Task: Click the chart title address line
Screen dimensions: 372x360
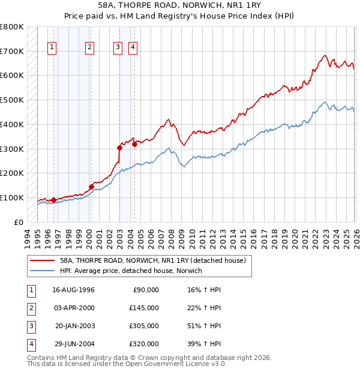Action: click(179, 5)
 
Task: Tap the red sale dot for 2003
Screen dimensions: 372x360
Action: click(119, 148)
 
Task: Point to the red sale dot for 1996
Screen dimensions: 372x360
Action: click(53, 200)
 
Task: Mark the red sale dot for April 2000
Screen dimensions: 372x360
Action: click(91, 187)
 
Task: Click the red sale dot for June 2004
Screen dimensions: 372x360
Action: click(134, 144)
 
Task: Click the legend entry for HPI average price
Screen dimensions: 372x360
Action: click(131, 271)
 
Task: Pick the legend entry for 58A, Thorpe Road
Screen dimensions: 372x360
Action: click(152, 261)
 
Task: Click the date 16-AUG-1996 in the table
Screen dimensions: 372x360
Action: click(73, 290)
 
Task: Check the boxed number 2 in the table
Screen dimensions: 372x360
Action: click(30, 308)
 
